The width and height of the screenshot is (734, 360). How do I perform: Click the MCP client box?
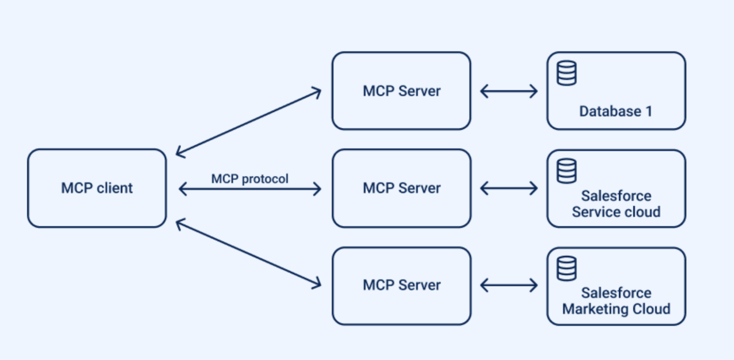(97, 188)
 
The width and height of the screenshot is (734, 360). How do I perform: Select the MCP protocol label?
(249, 179)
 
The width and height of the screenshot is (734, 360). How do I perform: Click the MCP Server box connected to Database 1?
(401, 91)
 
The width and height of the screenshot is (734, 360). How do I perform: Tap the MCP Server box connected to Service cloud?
(401, 188)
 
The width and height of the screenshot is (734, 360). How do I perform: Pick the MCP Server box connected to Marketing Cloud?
(401, 285)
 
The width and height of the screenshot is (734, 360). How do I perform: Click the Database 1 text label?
(615, 111)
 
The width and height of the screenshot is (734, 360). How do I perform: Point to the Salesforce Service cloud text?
(616, 204)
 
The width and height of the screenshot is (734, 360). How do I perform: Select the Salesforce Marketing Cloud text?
(616, 301)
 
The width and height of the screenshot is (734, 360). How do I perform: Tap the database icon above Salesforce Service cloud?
(566, 171)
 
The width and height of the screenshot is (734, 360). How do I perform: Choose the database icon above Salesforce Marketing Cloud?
(566, 269)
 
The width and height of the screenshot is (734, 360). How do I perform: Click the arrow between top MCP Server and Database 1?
(508, 91)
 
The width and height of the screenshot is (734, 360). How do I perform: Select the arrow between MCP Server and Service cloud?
(508, 188)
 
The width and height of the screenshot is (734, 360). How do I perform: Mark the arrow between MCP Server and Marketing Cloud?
(508, 285)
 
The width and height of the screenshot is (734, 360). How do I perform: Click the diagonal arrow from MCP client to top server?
(248, 122)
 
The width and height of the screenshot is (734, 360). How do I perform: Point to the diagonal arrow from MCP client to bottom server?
(248, 254)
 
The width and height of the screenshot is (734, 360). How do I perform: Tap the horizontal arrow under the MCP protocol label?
(249, 189)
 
